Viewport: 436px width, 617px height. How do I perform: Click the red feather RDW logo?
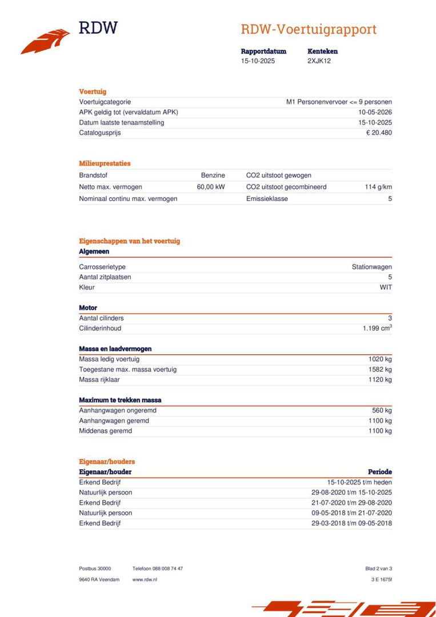(45, 41)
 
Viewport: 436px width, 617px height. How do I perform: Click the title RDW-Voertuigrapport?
(308, 30)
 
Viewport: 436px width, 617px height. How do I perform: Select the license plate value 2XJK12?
(319, 61)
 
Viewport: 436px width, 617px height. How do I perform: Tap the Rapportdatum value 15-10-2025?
(258, 61)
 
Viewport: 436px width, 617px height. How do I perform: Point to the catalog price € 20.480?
(379, 133)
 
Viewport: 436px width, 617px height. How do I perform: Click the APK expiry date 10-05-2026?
(375, 112)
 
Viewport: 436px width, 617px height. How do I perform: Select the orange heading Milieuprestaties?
(105, 163)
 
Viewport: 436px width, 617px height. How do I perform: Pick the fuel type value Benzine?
(213, 175)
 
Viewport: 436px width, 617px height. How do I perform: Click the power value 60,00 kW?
(211, 187)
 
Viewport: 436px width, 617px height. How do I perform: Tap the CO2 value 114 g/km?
(378, 187)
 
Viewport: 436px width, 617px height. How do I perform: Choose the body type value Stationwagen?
(371, 267)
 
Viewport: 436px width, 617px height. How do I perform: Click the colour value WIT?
(386, 287)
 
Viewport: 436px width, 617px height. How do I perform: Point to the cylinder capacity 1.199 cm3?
(377, 328)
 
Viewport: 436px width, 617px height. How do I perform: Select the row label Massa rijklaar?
(99, 379)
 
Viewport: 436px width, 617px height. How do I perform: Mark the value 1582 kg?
(380, 370)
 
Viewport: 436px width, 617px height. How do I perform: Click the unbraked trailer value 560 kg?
(382, 410)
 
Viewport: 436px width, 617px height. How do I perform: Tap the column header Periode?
(379, 472)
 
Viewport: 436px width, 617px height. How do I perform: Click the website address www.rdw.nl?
(145, 579)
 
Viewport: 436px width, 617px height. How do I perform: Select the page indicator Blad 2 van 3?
(378, 568)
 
